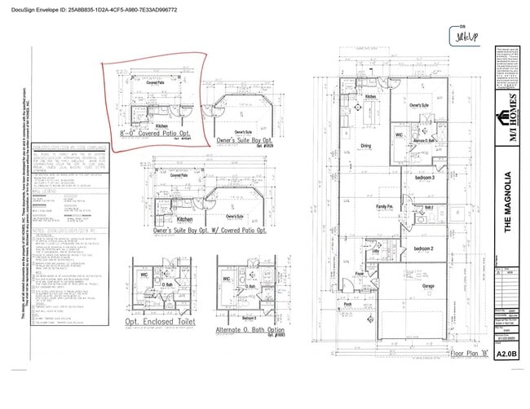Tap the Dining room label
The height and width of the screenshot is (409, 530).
tap(366, 147)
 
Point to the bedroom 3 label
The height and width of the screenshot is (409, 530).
tap(423, 177)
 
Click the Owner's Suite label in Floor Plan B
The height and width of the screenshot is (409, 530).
tap(419, 106)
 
